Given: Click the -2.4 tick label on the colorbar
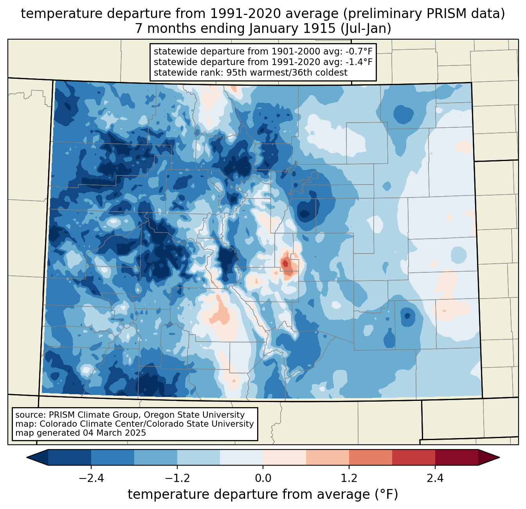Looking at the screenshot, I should [91, 478].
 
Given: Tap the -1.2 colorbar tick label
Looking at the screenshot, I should [177, 478].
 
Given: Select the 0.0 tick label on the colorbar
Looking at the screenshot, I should [263, 478].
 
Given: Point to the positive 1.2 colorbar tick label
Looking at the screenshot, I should [349, 478].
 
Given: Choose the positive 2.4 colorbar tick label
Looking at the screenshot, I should [435, 478].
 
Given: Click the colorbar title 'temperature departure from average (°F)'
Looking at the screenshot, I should [263, 495].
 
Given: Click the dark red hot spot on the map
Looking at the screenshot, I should [285, 263].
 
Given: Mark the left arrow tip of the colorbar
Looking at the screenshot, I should [27, 457].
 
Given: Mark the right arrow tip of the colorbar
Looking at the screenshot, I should [499, 457].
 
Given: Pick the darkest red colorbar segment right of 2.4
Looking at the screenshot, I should [456, 457].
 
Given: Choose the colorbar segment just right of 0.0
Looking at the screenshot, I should [285, 457].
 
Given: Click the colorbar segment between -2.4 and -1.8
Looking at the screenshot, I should [113, 457].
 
